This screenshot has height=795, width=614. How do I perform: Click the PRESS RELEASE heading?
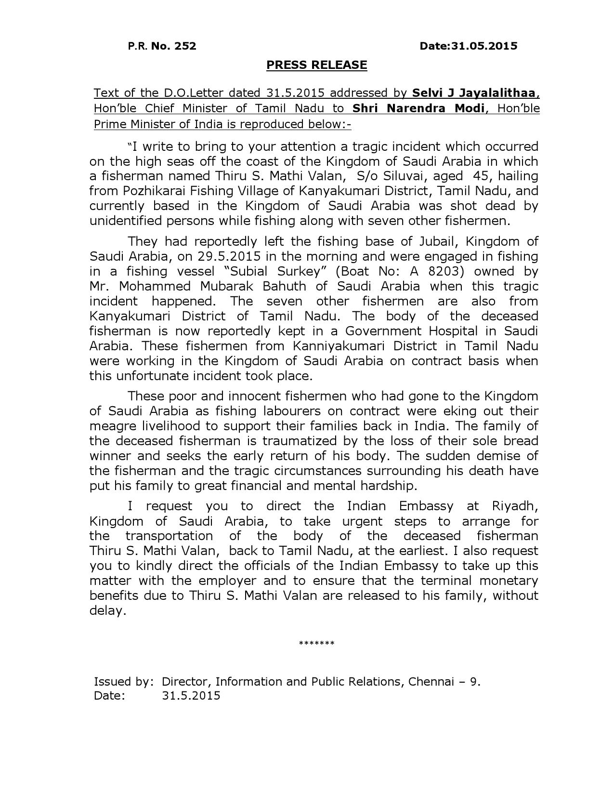click(x=316, y=65)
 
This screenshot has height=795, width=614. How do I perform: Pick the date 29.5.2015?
click(x=223, y=256)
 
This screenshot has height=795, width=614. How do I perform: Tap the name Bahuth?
click(x=284, y=286)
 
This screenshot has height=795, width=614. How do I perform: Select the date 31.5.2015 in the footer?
click(x=191, y=695)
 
